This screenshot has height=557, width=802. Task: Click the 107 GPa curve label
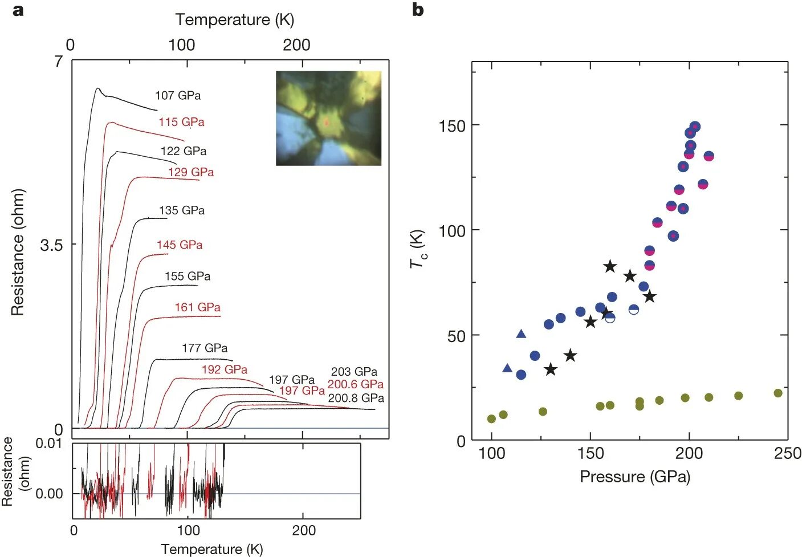[x=178, y=96]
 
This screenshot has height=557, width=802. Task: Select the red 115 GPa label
[x=181, y=122]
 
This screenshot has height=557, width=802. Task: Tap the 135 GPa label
[x=182, y=210]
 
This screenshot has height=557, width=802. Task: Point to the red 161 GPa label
[x=197, y=307]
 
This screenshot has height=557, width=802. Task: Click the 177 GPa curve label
[x=205, y=348]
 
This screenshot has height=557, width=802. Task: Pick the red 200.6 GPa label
[x=355, y=384]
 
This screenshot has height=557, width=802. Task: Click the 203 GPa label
[x=354, y=372]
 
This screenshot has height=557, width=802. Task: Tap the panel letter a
[x=18, y=10]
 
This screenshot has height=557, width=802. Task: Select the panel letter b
[x=418, y=10]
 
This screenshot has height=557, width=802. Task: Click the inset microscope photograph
[x=328, y=118]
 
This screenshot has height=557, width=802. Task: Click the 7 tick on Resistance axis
[x=58, y=62]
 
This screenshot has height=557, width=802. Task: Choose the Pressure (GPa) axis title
[x=634, y=477]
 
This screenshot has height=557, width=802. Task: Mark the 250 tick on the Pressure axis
[x=787, y=454]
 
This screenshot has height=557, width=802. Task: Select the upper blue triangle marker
[x=521, y=334]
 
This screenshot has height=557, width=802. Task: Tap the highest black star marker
[x=610, y=266]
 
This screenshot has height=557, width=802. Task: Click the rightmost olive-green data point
[x=778, y=393]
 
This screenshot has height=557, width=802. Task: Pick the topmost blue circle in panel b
[x=694, y=127]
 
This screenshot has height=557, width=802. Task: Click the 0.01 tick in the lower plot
[x=49, y=444]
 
